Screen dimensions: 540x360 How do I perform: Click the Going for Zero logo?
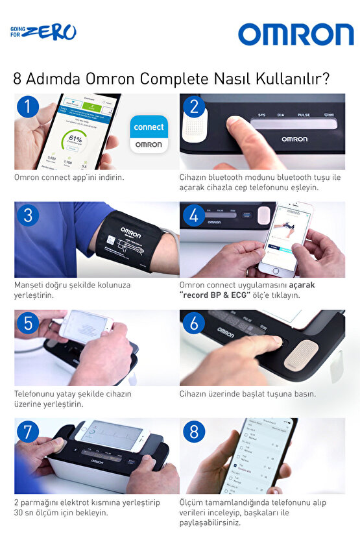coord(43,32)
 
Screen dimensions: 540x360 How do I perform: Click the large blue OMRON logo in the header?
coord(295,34)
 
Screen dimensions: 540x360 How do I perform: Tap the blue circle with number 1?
coord(27,106)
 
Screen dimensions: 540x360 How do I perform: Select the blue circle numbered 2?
coord(192,106)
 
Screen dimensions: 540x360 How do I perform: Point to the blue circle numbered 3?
coord(27,215)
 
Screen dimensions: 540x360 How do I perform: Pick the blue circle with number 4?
coord(192,215)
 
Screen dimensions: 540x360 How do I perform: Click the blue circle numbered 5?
coord(27,323)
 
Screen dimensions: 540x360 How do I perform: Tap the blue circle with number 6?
coord(192,323)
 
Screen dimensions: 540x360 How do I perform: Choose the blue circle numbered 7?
coord(27,432)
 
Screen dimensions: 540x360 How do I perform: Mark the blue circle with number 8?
coord(192,432)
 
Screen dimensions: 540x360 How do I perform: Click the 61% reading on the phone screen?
coord(75,139)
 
